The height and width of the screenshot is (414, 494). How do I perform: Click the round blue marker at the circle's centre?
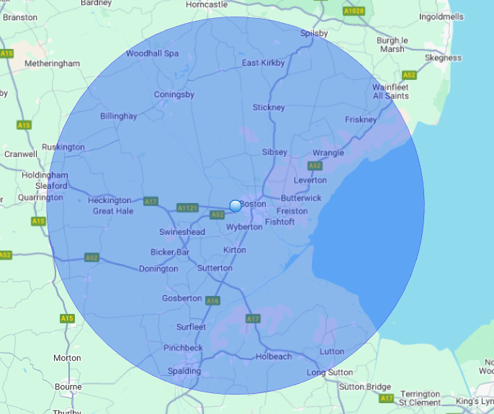point(235,206)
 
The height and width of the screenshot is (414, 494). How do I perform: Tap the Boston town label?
point(253,204)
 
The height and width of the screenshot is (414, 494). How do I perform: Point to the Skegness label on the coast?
point(444,58)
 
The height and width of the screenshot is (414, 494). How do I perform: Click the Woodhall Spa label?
point(152,53)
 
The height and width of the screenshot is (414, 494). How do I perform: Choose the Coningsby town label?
point(174,94)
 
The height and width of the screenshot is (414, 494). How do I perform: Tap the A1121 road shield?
point(187,208)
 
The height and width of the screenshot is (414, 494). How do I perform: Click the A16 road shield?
point(212,300)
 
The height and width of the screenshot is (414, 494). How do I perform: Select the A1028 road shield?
point(354,12)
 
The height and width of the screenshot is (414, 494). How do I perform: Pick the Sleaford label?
point(52,186)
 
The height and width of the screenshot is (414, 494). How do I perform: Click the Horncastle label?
point(207,4)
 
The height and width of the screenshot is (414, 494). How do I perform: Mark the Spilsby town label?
point(314,33)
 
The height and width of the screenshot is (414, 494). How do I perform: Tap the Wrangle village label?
point(328,153)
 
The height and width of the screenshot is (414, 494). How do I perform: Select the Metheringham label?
point(53,63)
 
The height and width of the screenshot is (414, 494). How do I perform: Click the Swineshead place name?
point(182,232)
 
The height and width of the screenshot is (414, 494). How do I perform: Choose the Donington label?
point(158,269)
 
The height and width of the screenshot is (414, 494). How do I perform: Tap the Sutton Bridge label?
point(366,387)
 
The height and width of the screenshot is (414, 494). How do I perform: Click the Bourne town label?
point(68,387)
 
